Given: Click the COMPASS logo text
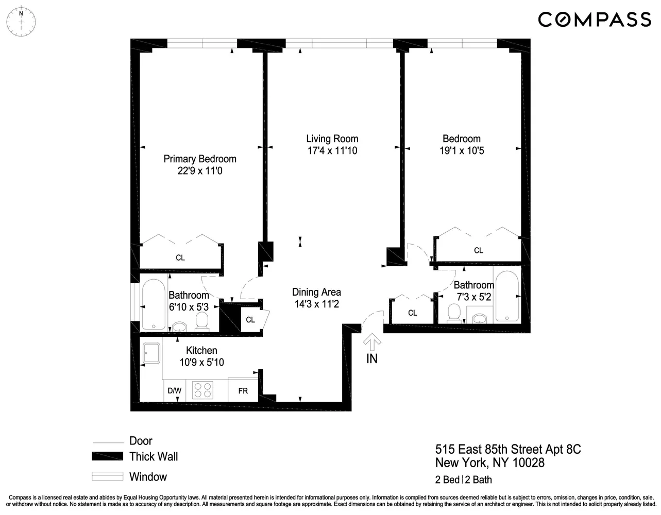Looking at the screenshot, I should (595, 20).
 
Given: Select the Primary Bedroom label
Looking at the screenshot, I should (200, 159).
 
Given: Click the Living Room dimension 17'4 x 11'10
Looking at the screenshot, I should (332, 151).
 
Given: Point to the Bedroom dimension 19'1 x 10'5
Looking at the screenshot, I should (462, 151).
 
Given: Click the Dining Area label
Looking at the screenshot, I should (316, 292).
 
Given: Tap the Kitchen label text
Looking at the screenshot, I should (201, 351).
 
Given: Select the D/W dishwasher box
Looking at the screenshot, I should (175, 391).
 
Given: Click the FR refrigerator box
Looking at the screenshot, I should (243, 391).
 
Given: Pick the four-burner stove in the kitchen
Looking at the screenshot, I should (202, 390).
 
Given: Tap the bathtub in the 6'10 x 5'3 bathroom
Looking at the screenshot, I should (154, 304).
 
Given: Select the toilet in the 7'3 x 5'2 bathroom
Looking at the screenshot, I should (454, 313).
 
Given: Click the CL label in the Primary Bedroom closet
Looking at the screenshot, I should (180, 257).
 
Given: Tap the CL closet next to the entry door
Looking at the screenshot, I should (412, 313).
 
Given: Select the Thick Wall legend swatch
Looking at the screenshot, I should (107, 456).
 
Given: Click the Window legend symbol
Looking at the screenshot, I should (107, 476).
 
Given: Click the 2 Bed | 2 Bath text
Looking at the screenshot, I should (463, 480).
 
